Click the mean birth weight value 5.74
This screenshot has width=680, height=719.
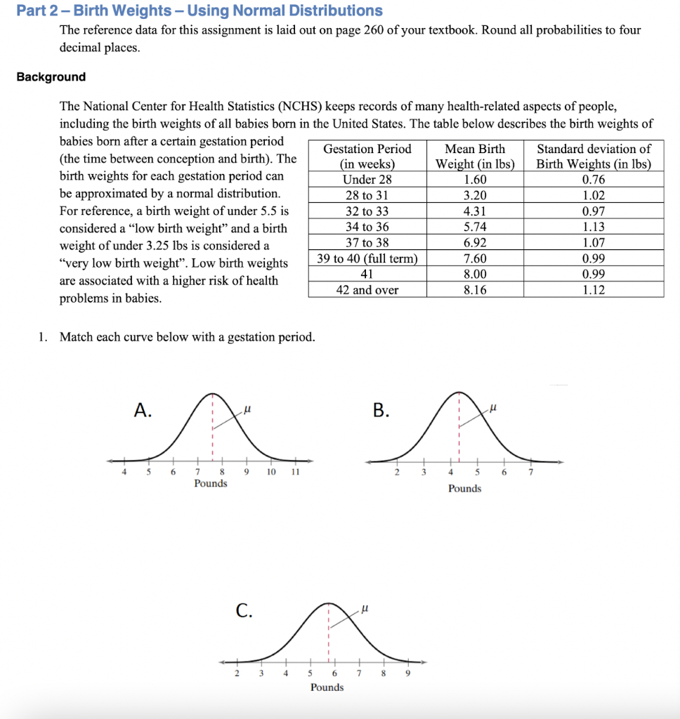[475, 227]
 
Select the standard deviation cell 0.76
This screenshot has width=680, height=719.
[594, 179]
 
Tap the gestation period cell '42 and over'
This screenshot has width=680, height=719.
[367, 290]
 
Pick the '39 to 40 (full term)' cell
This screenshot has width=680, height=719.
[367, 258]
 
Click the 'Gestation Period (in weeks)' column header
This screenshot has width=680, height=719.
[367, 156]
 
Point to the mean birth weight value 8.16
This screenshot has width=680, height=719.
[475, 290]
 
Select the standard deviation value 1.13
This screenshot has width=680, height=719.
[594, 227]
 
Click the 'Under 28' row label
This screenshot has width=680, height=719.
[367, 179]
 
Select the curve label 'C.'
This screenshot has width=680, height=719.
[243, 611]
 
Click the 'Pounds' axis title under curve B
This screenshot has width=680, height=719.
[464, 489]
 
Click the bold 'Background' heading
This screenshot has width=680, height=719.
[51, 77]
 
